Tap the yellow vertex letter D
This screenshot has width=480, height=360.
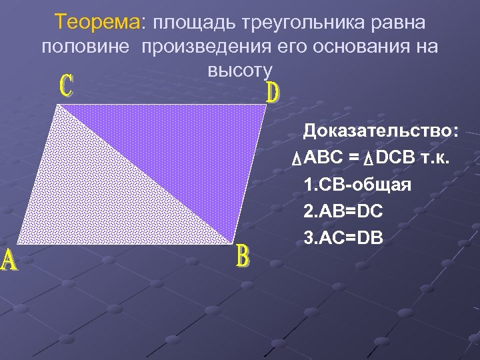tap(273, 93)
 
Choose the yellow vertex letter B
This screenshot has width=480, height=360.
tap(243, 257)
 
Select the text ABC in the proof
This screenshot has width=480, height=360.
tap(322, 158)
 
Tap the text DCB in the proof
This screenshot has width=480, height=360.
tap(394, 158)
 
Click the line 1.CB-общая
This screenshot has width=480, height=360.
tap(357, 185)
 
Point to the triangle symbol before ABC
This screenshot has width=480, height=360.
tap(297, 159)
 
